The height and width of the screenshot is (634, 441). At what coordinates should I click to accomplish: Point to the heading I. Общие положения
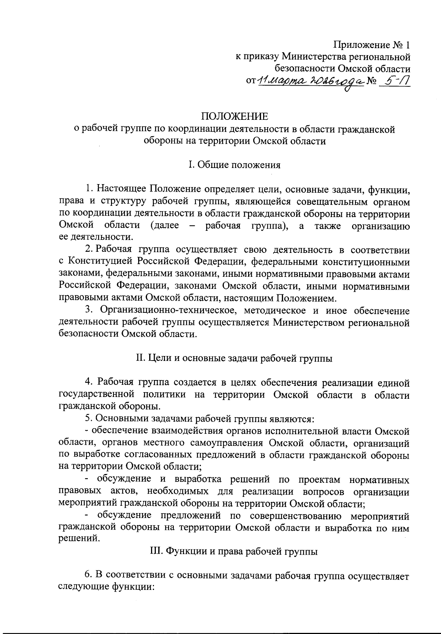point(234,165)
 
